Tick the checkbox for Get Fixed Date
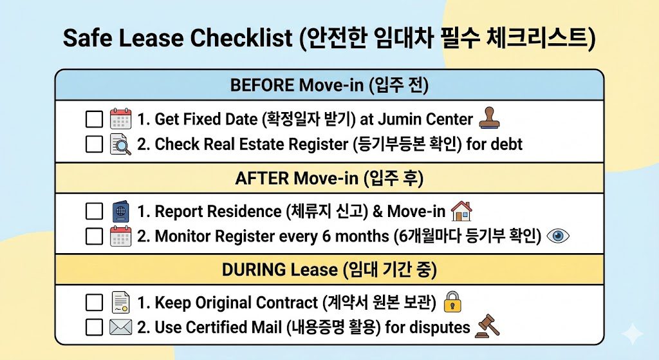click(x=94, y=120)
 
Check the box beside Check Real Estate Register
click(x=94, y=144)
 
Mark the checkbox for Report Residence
click(x=94, y=211)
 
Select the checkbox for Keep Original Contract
click(x=94, y=303)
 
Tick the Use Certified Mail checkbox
click(x=94, y=327)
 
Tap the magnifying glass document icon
click(x=120, y=144)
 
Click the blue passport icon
click(x=120, y=211)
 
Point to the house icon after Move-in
click(x=461, y=211)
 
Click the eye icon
click(x=558, y=236)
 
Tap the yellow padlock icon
click(x=453, y=302)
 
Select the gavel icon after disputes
click(x=487, y=327)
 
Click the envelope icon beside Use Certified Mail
click(x=120, y=327)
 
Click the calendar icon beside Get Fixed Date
click(x=120, y=120)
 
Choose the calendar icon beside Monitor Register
click(x=120, y=236)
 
